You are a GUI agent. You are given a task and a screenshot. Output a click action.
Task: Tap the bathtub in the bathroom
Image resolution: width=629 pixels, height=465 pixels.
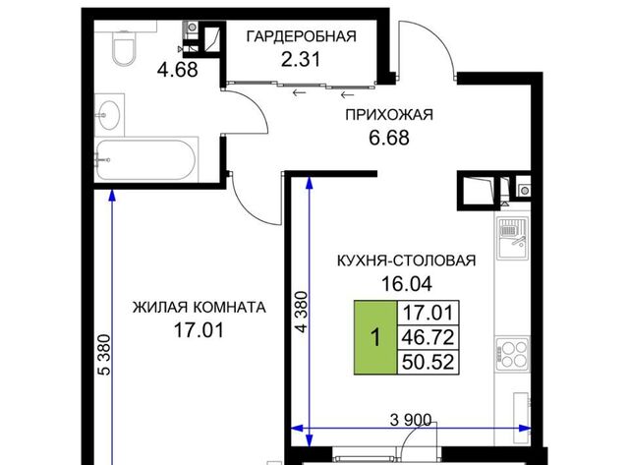pyautogui.click(x=146, y=159)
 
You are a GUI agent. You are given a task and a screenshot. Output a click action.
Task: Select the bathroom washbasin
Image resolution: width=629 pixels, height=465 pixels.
pyautogui.click(x=109, y=115)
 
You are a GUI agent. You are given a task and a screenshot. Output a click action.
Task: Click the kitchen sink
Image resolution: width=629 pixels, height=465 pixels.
pyautogui.click(x=512, y=238)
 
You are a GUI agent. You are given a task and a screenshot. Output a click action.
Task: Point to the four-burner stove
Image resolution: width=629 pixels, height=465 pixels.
pyautogui.click(x=512, y=354)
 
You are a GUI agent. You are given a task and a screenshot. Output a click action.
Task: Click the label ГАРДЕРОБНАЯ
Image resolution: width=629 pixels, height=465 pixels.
pyautogui.click(x=302, y=36)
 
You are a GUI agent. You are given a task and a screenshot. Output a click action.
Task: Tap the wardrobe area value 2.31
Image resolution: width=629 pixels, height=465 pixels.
pyautogui.click(x=301, y=60)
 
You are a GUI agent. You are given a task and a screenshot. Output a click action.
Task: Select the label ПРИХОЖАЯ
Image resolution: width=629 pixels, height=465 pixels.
pyautogui.click(x=389, y=115)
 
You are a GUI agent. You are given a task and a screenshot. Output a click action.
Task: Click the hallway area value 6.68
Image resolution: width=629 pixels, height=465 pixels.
pyautogui.click(x=389, y=138)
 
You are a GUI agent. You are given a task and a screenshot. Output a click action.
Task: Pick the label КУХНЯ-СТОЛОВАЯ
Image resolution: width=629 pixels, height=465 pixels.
pyautogui.click(x=406, y=261)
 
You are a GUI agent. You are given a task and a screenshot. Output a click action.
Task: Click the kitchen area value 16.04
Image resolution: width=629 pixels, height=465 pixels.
pyautogui.click(x=406, y=284)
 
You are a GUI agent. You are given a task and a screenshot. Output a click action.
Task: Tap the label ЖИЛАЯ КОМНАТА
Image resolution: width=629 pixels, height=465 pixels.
pyautogui.click(x=199, y=308)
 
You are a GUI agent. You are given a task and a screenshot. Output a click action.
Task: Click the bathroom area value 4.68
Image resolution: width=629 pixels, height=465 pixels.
pyautogui.click(x=177, y=70)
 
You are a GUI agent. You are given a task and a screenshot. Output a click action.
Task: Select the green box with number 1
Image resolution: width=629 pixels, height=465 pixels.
pyautogui.click(x=375, y=337)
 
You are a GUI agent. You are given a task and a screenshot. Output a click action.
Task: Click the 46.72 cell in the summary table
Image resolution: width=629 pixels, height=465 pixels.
pyautogui.click(x=429, y=337)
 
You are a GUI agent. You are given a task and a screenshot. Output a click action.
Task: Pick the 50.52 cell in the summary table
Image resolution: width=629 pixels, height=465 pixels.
pyautogui.click(x=429, y=362)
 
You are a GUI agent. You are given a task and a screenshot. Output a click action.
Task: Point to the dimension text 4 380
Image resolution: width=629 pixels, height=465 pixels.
pyautogui.click(x=302, y=312)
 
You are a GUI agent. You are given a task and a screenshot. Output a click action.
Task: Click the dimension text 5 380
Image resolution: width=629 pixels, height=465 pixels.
pyautogui.click(x=104, y=355)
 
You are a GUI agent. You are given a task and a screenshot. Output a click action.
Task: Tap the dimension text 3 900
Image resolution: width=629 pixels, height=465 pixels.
pyautogui.click(x=411, y=420)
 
